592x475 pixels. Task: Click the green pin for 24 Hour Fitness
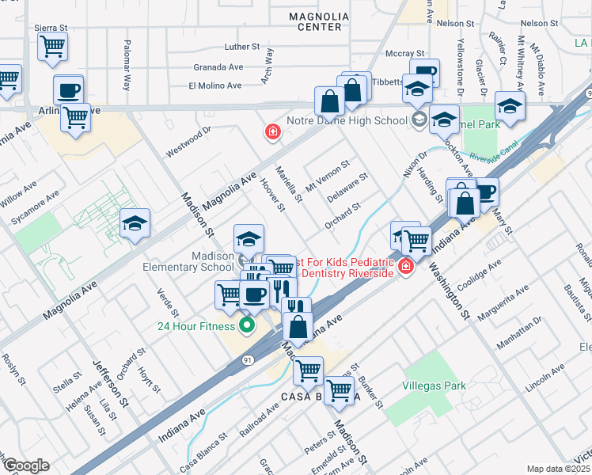point(248,325)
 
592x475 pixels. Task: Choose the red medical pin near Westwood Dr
point(272,131)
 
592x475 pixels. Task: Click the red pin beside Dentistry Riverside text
point(406,267)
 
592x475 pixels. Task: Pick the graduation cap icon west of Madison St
point(135,224)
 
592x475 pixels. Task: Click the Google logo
point(26,465)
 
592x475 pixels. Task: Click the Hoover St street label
point(273,196)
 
